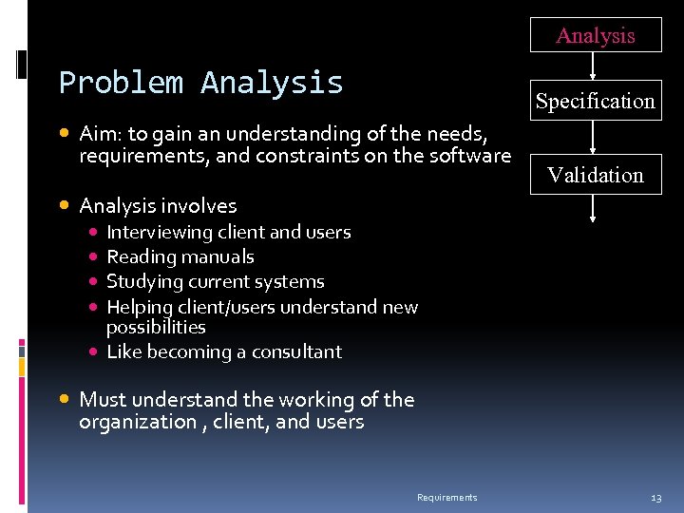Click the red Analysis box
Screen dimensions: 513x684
(595, 36)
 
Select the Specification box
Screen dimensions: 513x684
(595, 101)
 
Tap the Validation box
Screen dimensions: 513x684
(595, 175)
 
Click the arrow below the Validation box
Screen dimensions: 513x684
(594, 209)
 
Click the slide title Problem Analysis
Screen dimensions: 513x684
(200, 83)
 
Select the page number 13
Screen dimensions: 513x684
(655, 498)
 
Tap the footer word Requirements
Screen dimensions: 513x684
(446, 498)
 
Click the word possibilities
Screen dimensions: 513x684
(156, 327)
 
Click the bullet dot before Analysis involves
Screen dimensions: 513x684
(66, 205)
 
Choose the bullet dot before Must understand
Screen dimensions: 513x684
(66, 400)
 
